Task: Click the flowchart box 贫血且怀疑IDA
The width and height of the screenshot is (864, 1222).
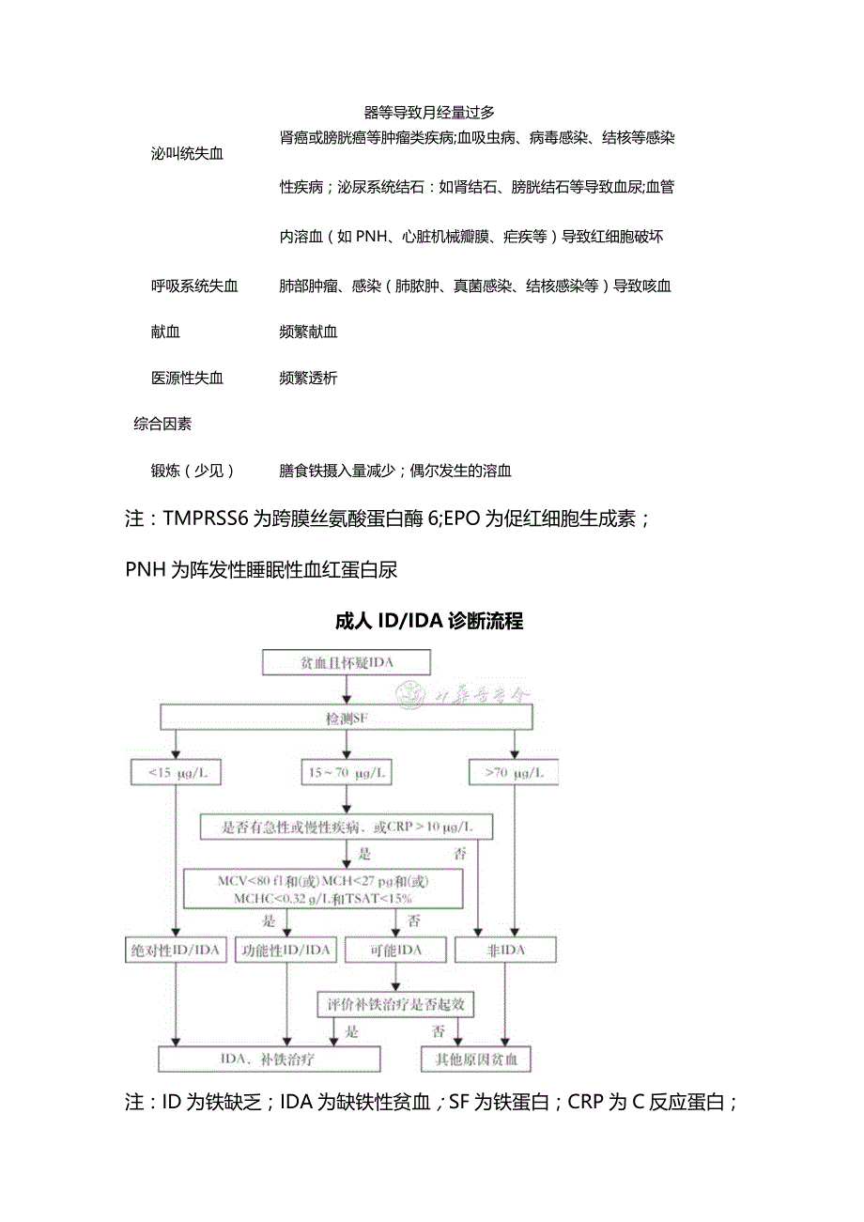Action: coord(347,663)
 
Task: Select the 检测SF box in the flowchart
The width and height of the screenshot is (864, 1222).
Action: coord(347,719)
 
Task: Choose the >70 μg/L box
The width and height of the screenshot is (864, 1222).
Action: coord(514,773)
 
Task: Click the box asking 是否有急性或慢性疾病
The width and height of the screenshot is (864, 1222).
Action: coord(347,828)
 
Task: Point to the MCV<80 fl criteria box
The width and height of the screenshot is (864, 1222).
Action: coord(324,889)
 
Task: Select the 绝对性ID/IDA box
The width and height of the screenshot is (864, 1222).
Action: coord(176,950)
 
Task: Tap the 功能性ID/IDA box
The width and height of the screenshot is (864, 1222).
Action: coord(286,950)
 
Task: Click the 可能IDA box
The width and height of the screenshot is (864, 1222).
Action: coord(395,950)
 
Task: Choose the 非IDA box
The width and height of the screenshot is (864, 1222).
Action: coord(506,950)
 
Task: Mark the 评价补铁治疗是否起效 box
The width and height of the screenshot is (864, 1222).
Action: coord(395,1004)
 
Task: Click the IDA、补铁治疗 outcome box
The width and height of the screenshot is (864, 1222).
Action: coord(270,1060)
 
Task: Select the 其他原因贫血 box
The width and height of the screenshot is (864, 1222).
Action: coord(476,1060)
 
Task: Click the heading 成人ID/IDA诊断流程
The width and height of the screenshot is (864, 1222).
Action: coord(428,621)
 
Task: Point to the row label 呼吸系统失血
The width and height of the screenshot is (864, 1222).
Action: coord(194,286)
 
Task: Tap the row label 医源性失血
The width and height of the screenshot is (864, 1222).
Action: coord(187,378)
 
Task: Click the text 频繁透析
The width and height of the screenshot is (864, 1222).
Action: coord(308,378)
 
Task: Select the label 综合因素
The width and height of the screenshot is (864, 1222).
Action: coord(162,424)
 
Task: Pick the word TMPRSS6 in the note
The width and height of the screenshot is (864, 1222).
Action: coord(206,518)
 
